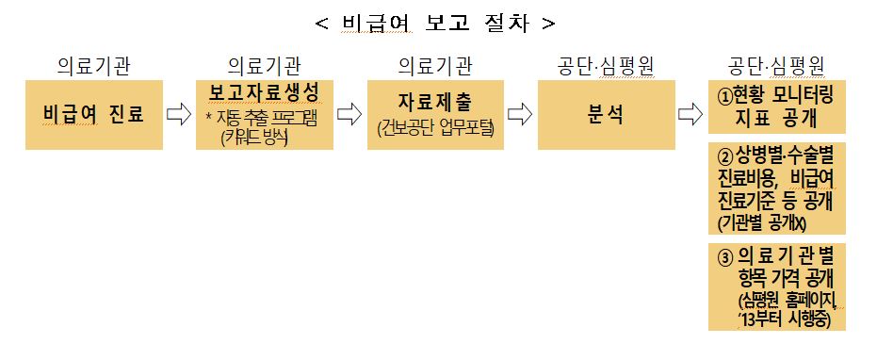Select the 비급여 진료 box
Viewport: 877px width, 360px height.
(93, 115)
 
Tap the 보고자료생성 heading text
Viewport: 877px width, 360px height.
(265, 93)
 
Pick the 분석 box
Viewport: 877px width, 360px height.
(606, 115)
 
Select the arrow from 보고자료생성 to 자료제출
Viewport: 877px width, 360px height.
(349, 115)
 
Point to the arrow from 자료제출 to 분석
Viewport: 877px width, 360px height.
(519, 115)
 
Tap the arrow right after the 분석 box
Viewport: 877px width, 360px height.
(690, 115)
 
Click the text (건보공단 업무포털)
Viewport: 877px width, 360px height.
(434, 129)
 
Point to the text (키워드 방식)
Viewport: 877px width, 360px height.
(254, 137)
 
